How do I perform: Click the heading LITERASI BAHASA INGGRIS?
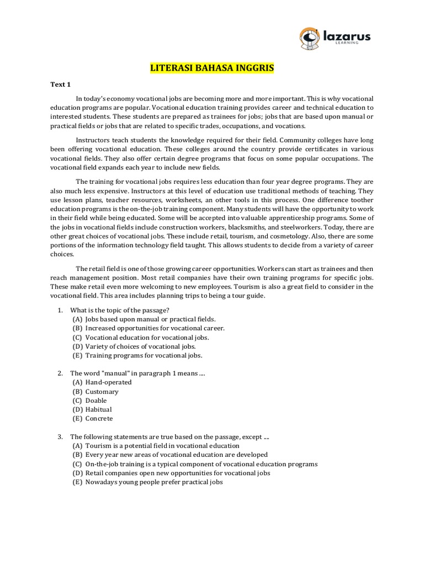pos(212,68)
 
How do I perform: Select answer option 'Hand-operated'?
pos(108,382)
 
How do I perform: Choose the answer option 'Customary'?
pos(102,391)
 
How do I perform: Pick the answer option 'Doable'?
pos(96,401)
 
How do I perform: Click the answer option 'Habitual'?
pos(98,409)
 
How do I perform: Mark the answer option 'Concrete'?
pos(99,419)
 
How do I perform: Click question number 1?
pos(60,310)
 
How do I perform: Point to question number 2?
pos(60,374)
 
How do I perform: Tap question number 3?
pos(60,437)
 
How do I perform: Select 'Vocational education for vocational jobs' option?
pos(147,337)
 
